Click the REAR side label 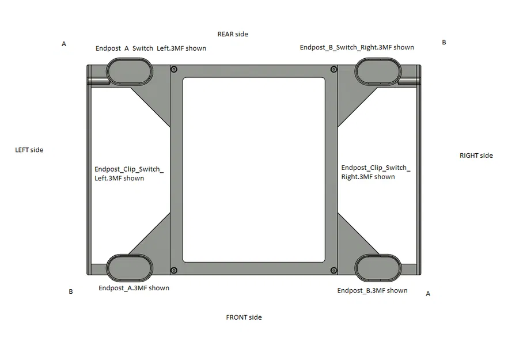[233, 35]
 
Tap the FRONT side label [244, 317]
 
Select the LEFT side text [29, 150]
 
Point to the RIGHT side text [476, 156]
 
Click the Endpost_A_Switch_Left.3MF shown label [151, 48]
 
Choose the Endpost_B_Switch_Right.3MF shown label [357, 47]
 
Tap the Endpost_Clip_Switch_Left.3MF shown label [129, 174]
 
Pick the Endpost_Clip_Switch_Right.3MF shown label [376, 172]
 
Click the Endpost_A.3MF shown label [134, 288]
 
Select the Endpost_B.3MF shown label [373, 290]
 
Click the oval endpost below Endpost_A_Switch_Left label [130, 71]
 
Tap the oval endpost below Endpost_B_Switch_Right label [378, 71]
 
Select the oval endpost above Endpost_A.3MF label [130, 268]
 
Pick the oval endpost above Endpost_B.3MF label [378, 268]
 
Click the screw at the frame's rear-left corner [174, 70]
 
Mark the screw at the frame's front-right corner [333, 270]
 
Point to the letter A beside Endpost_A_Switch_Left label [64, 44]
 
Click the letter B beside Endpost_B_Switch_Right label [444, 43]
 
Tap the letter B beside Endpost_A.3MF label [71, 291]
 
